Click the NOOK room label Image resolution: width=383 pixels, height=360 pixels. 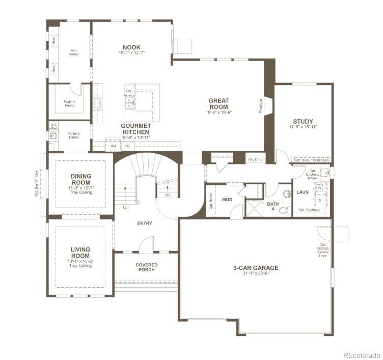click(x=131, y=47)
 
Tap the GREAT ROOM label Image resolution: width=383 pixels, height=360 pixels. click(x=218, y=103)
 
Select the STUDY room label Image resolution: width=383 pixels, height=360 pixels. click(x=303, y=122)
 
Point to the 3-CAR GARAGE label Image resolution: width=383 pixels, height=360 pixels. click(x=256, y=268)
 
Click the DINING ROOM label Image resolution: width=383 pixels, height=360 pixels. click(x=81, y=179)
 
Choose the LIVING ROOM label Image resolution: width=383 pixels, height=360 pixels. click(x=80, y=253)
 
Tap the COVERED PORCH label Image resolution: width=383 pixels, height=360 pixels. click(x=147, y=267)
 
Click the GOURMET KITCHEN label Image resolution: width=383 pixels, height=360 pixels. click(x=136, y=128)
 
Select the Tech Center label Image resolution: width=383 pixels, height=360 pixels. click(x=74, y=52)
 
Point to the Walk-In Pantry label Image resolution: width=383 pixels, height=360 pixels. click(x=69, y=103)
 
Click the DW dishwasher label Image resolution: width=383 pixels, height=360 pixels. click(x=129, y=91)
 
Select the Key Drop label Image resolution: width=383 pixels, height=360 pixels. click(x=255, y=159)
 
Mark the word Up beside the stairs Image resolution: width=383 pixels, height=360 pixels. click(x=125, y=207)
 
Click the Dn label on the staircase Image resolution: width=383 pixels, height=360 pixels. click(x=167, y=195)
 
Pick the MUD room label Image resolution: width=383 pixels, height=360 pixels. click(x=227, y=199)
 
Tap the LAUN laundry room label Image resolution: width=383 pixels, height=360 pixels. click(x=303, y=192)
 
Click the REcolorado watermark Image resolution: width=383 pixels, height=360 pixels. click(x=361, y=354)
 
